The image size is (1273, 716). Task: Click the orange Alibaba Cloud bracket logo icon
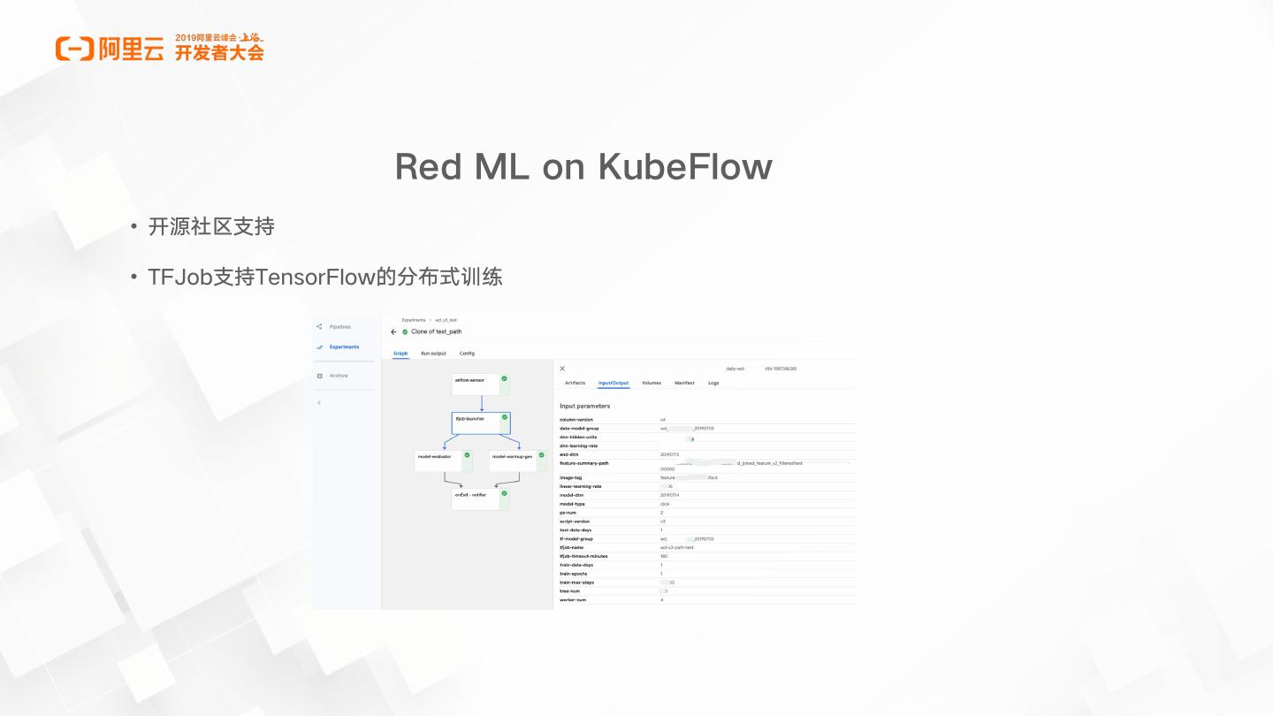click(74, 49)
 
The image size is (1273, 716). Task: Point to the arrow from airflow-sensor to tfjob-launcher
click(482, 403)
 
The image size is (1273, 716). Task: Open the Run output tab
click(433, 354)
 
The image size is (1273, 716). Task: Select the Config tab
click(467, 354)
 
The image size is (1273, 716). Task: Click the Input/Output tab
click(614, 383)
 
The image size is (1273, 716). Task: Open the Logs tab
click(713, 383)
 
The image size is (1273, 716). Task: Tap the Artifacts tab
click(575, 383)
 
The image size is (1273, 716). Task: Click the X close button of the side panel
click(562, 368)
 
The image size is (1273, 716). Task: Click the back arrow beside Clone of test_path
click(393, 332)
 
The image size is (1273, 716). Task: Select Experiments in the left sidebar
click(344, 347)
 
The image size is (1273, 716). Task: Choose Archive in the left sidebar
click(339, 376)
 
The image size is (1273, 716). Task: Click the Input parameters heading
click(584, 406)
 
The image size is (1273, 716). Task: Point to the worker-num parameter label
click(573, 600)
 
